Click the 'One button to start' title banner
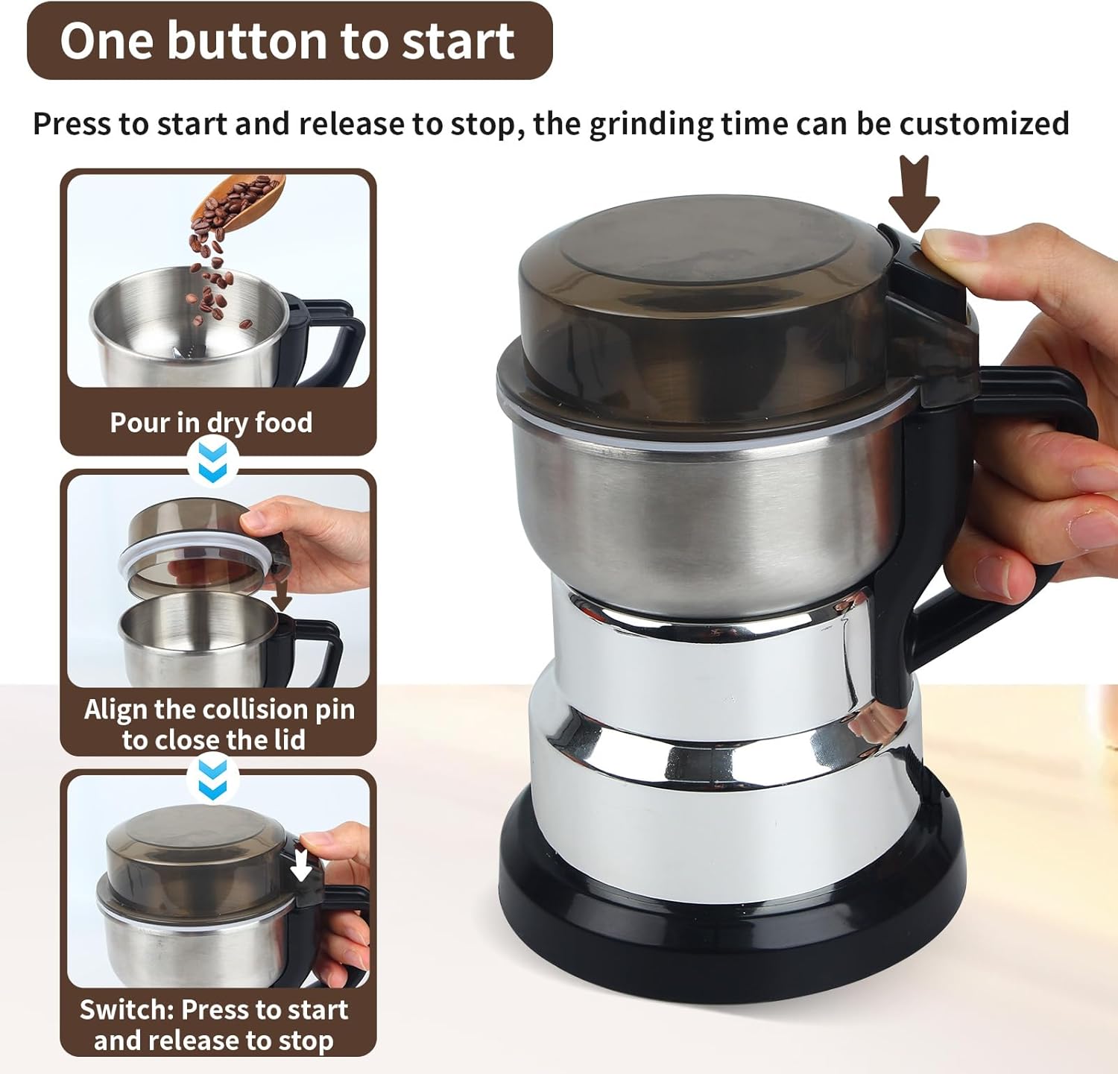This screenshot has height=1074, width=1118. click(x=288, y=41)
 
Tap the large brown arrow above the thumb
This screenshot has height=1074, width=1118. click(x=914, y=192)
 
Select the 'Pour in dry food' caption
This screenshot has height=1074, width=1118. click(x=211, y=423)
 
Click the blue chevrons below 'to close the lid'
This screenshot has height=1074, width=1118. click(x=213, y=780)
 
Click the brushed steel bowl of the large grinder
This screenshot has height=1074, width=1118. click(x=701, y=507)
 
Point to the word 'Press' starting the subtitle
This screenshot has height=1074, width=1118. click(x=70, y=124)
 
